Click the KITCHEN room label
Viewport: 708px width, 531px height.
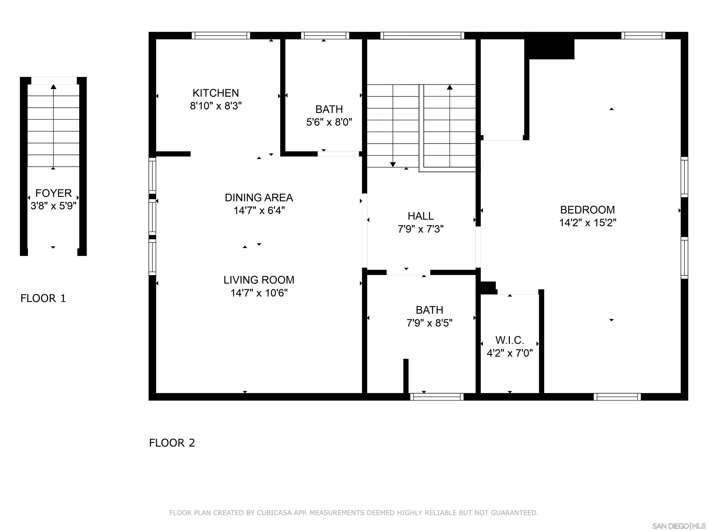point(215,93)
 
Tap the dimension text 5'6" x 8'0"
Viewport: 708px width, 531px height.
point(329,122)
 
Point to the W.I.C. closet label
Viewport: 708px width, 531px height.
point(510,340)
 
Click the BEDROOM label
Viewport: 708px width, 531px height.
point(587,210)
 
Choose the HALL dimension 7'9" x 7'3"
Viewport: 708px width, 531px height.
point(421,229)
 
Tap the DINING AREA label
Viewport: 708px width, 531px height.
point(259,198)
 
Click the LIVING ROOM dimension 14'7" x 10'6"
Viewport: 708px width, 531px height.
point(259,293)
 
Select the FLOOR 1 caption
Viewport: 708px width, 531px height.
point(43,298)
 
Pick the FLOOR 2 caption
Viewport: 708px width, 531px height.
point(172,443)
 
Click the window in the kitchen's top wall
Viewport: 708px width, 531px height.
point(221,35)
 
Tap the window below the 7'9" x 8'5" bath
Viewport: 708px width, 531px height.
point(437,397)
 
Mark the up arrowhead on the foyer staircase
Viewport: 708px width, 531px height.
point(53,87)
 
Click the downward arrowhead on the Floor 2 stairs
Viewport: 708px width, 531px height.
point(393,165)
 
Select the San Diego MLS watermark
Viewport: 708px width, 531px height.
point(679,526)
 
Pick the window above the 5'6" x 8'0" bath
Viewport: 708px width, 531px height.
point(325,35)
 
